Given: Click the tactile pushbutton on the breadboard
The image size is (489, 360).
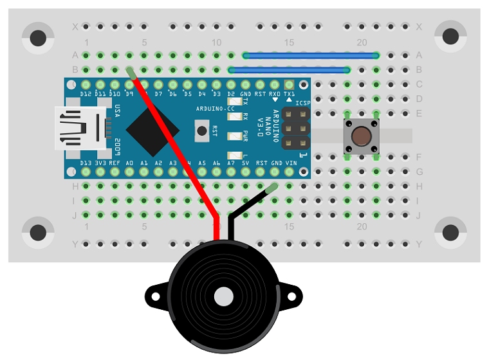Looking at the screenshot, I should coord(362,136).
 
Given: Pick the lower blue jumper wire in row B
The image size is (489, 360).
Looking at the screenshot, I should coord(290,70).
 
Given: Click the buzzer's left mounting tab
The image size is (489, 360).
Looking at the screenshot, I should coord(155,296).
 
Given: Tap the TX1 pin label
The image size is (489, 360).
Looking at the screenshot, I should coord(290,94).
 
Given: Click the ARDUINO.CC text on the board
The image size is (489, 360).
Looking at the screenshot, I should coord(216,109).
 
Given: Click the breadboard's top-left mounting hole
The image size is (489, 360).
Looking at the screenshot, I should coord(38,38).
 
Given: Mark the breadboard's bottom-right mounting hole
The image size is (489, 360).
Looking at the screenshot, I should coord(450,232).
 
